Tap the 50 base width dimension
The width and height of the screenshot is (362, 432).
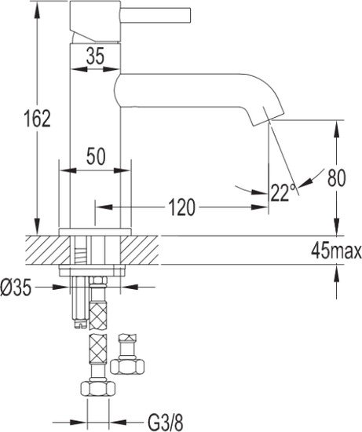(x=97, y=156)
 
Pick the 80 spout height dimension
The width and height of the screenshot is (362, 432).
(x=337, y=178)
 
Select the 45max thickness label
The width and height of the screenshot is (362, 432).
(x=335, y=251)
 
